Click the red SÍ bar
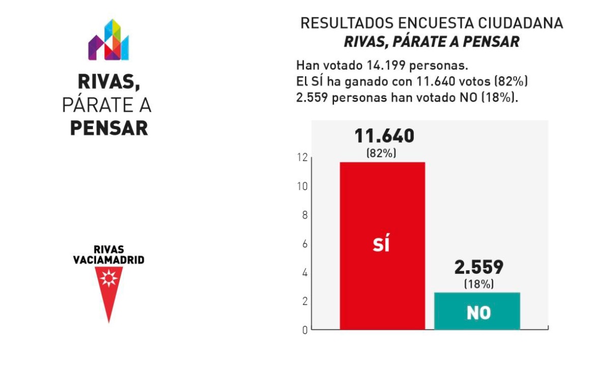[382, 246]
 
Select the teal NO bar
[477, 311]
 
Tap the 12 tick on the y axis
[302, 158]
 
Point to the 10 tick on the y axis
[302, 186]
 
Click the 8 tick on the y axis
[305, 215]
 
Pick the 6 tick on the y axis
[305, 244]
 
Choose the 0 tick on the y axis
[305, 330]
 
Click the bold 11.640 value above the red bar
[384, 136]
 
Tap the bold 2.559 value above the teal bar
[479, 267]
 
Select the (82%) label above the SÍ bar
[381, 153]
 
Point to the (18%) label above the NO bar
[479, 284]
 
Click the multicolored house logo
[108, 40]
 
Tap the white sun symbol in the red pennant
[109, 278]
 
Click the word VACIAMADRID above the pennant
[109, 260]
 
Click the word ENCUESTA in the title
[436, 23]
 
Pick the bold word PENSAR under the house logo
[109, 128]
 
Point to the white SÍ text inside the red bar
[381, 242]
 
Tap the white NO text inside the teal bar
[479, 313]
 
